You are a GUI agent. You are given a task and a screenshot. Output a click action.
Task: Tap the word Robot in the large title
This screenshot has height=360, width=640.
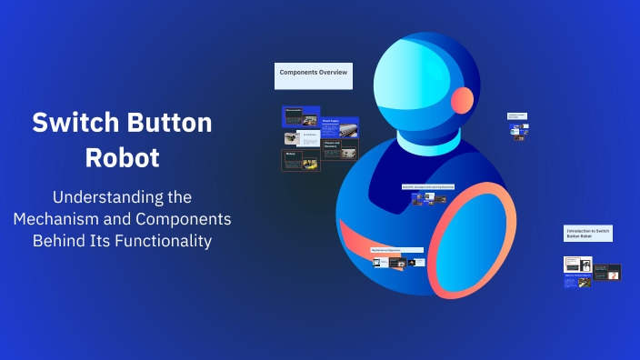tap(122, 157)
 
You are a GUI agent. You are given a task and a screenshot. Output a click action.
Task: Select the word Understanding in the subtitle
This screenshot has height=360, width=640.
tap(122, 196)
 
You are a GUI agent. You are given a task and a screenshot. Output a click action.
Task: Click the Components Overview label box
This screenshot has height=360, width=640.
tap(313, 75)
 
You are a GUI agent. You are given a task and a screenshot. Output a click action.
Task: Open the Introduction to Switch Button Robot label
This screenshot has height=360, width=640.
tap(587, 234)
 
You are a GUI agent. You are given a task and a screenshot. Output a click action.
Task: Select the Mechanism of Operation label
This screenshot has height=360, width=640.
tap(396, 250)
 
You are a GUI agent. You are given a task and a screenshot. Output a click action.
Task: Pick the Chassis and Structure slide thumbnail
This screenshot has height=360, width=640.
tap(339, 147)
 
